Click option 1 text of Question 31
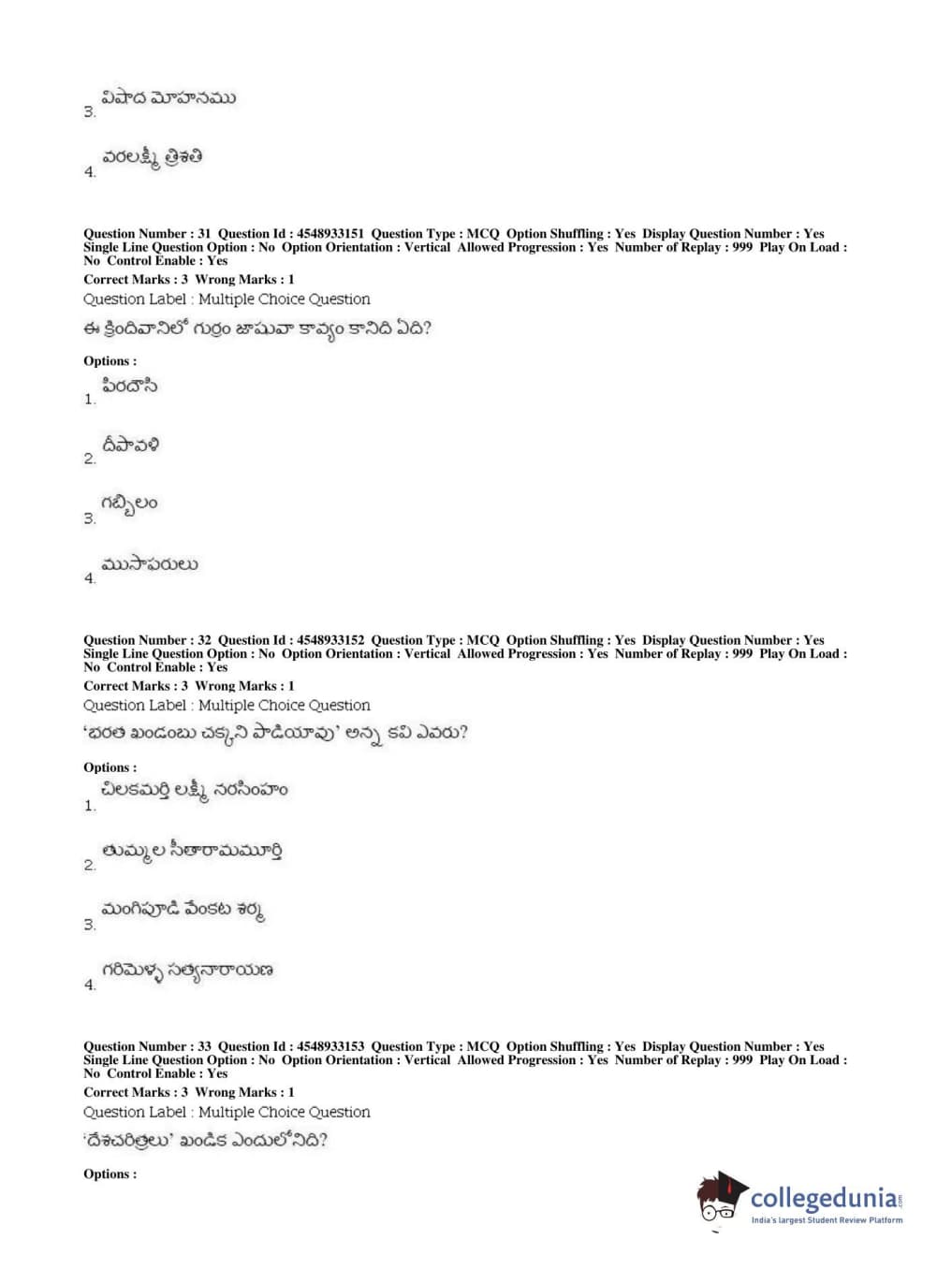click(130, 386)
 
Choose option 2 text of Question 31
click(130, 445)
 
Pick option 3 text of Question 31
click(130, 504)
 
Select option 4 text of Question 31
click(150, 564)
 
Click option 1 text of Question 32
click(195, 791)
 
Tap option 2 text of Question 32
click(192, 851)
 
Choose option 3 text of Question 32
click(183, 910)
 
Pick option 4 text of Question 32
click(187, 970)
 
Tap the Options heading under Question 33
click(110, 1174)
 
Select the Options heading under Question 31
click(110, 361)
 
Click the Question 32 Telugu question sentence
click(275, 733)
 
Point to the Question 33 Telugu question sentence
click(205, 1140)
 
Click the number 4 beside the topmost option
click(90, 172)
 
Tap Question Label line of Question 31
click(227, 299)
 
